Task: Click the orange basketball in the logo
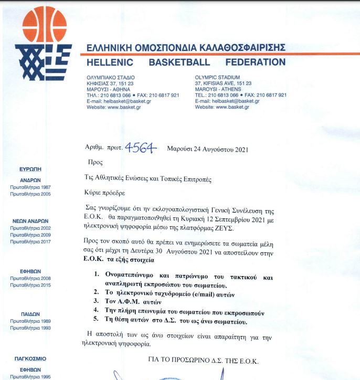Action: pos(44,24)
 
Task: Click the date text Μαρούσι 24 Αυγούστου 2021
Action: pos(207,149)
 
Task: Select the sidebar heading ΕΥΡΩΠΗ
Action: pos(30,170)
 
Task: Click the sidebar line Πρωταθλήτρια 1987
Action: pos(30,187)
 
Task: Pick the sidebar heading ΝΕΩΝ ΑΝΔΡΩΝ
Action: pos(30,221)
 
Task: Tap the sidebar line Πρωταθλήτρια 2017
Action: pos(30,241)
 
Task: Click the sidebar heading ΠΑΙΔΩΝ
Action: pos(30,313)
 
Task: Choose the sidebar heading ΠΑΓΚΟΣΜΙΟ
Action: pos(30,358)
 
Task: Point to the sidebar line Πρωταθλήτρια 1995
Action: pos(30,376)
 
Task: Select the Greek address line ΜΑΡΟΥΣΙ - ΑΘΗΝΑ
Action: pos(109,89)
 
